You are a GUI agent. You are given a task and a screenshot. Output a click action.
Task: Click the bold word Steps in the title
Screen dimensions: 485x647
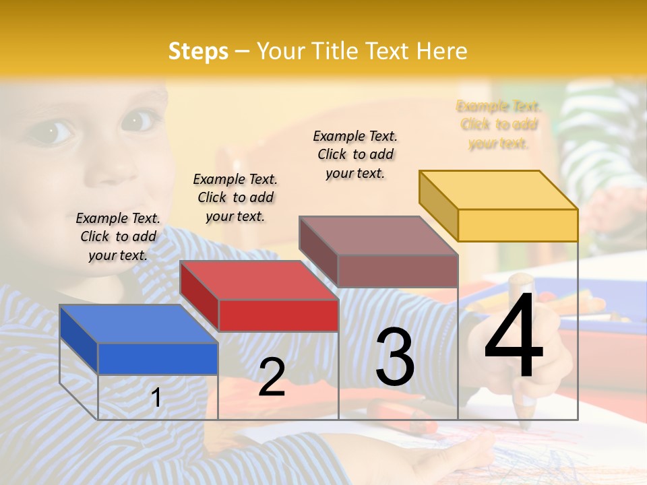198,51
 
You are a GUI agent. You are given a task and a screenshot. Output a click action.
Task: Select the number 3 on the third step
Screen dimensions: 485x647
395,357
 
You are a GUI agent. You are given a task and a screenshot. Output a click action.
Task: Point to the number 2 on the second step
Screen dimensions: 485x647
272,377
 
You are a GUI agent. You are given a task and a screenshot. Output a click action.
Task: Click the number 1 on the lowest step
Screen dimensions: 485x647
156,397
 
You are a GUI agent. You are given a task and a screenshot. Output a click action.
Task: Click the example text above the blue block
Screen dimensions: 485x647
118,236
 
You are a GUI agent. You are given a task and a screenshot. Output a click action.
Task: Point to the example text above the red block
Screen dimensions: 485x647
235,197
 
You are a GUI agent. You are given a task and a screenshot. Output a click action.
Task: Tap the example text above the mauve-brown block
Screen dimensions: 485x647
355,154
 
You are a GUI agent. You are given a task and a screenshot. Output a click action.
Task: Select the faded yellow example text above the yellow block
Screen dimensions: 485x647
499,125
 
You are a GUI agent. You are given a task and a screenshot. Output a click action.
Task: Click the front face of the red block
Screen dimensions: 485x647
278,315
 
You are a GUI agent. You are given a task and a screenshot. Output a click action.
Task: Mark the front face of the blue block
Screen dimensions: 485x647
158,358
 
